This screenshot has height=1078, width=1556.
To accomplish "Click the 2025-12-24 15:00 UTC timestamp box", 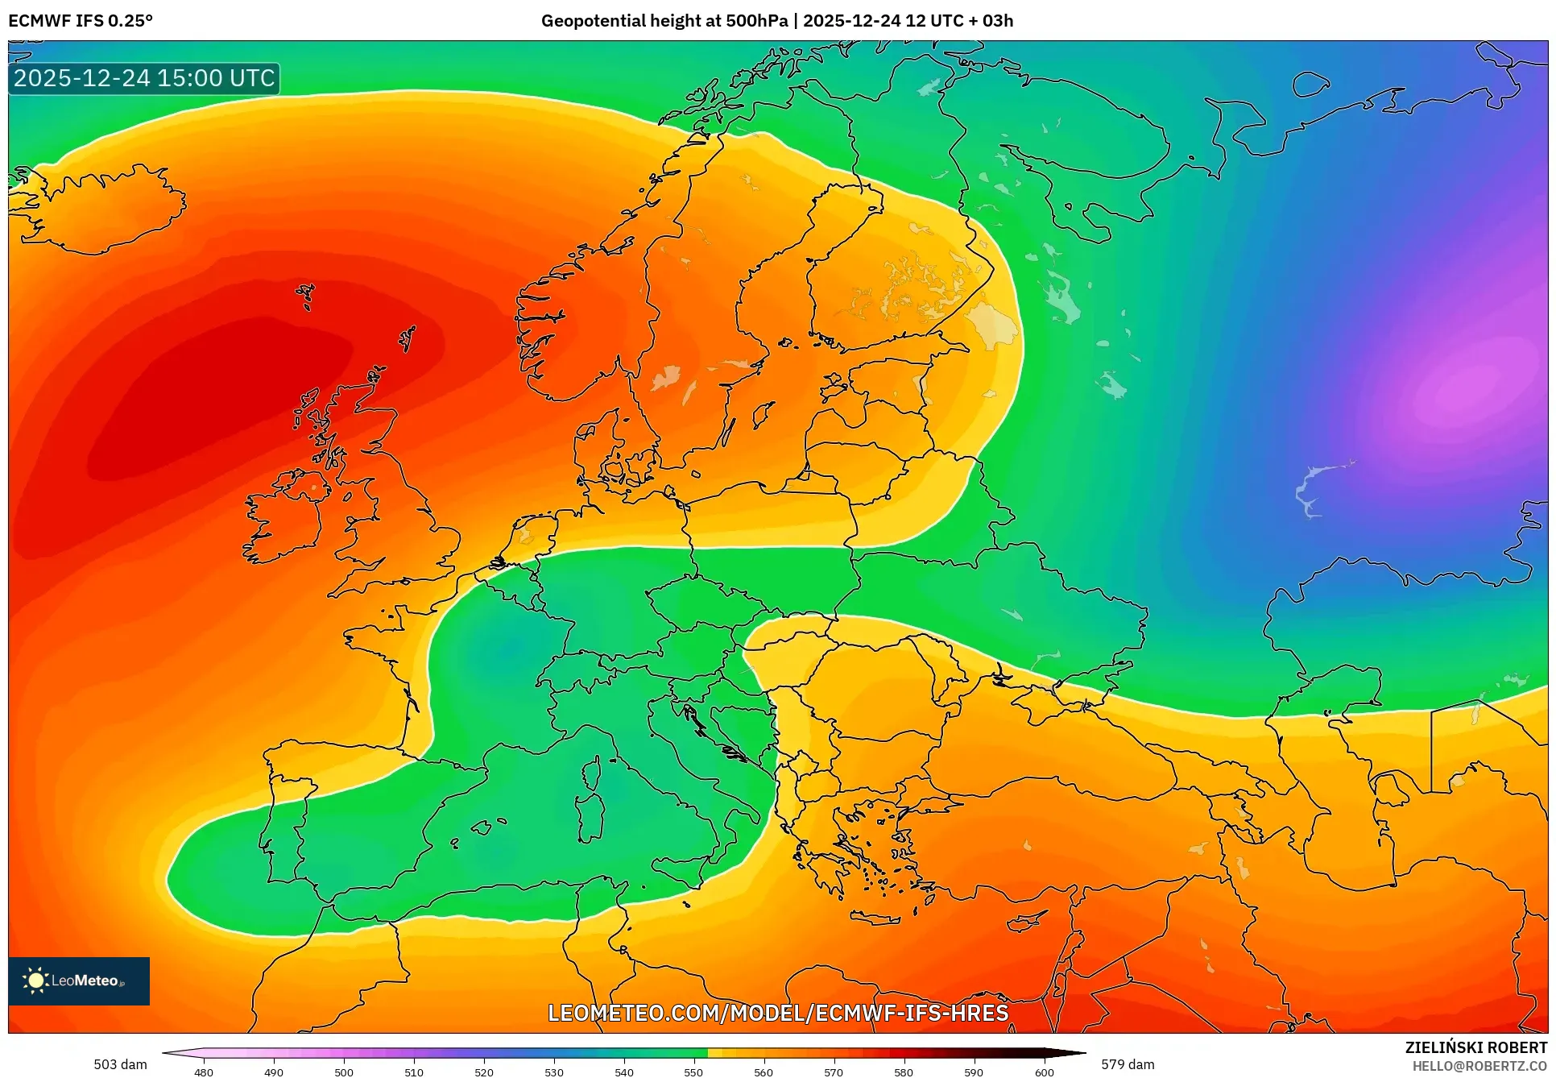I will [x=144, y=78].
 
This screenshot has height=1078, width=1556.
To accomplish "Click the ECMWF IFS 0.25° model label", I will [x=81, y=21].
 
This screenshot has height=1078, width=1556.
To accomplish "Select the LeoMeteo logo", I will [x=79, y=981].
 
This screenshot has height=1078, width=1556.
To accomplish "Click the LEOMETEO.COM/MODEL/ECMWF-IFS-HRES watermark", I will [x=778, y=1013].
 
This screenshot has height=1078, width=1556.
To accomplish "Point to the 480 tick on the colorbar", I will [x=204, y=1072].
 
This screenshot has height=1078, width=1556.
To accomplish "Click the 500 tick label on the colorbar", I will [x=344, y=1072].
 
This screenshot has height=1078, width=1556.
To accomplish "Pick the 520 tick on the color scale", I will [x=484, y=1072].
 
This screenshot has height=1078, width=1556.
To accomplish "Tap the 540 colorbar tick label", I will [x=624, y=1072].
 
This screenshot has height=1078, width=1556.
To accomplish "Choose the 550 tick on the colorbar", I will [x=694, y=1072].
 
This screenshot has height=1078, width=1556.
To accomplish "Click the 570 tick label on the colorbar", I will [x=834, y=1072].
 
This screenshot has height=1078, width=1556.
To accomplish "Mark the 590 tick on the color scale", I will [x=974, y=1072].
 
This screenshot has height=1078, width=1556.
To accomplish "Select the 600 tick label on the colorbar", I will [x=1044, y=1072].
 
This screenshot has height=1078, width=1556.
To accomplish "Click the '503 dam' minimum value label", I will [x=121, y=1064].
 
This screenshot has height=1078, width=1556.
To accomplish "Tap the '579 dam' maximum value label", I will [x=1128, y=1064].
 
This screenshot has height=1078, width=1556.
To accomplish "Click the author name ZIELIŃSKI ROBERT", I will [x=1475, y=1047].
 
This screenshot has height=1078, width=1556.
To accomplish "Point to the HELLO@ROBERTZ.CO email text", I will [x=1479, y=1066].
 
